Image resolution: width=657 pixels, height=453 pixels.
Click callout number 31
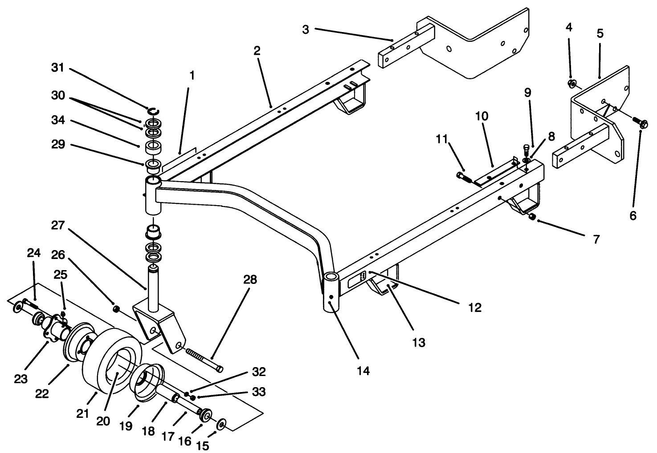(x=57, y=68)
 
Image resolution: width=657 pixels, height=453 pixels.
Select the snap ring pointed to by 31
(x=154, y=110)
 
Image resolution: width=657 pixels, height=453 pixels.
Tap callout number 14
(x=363, y=371)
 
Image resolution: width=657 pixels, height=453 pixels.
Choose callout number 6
(x=633, y=216)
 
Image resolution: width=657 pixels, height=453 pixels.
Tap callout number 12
(x=475, y=308)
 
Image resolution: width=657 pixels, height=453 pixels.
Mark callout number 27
(x=57, y=226)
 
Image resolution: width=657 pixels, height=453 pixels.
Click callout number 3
(x=305, y=29)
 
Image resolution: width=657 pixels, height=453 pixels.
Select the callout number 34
(x=57, y=120)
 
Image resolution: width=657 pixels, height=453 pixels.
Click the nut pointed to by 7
(x=531, y=217)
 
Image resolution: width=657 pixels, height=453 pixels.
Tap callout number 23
(x=21, y=379)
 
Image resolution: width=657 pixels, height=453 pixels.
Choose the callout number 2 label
(x=257, y=50)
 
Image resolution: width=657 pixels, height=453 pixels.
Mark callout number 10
(x=482, y=116)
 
